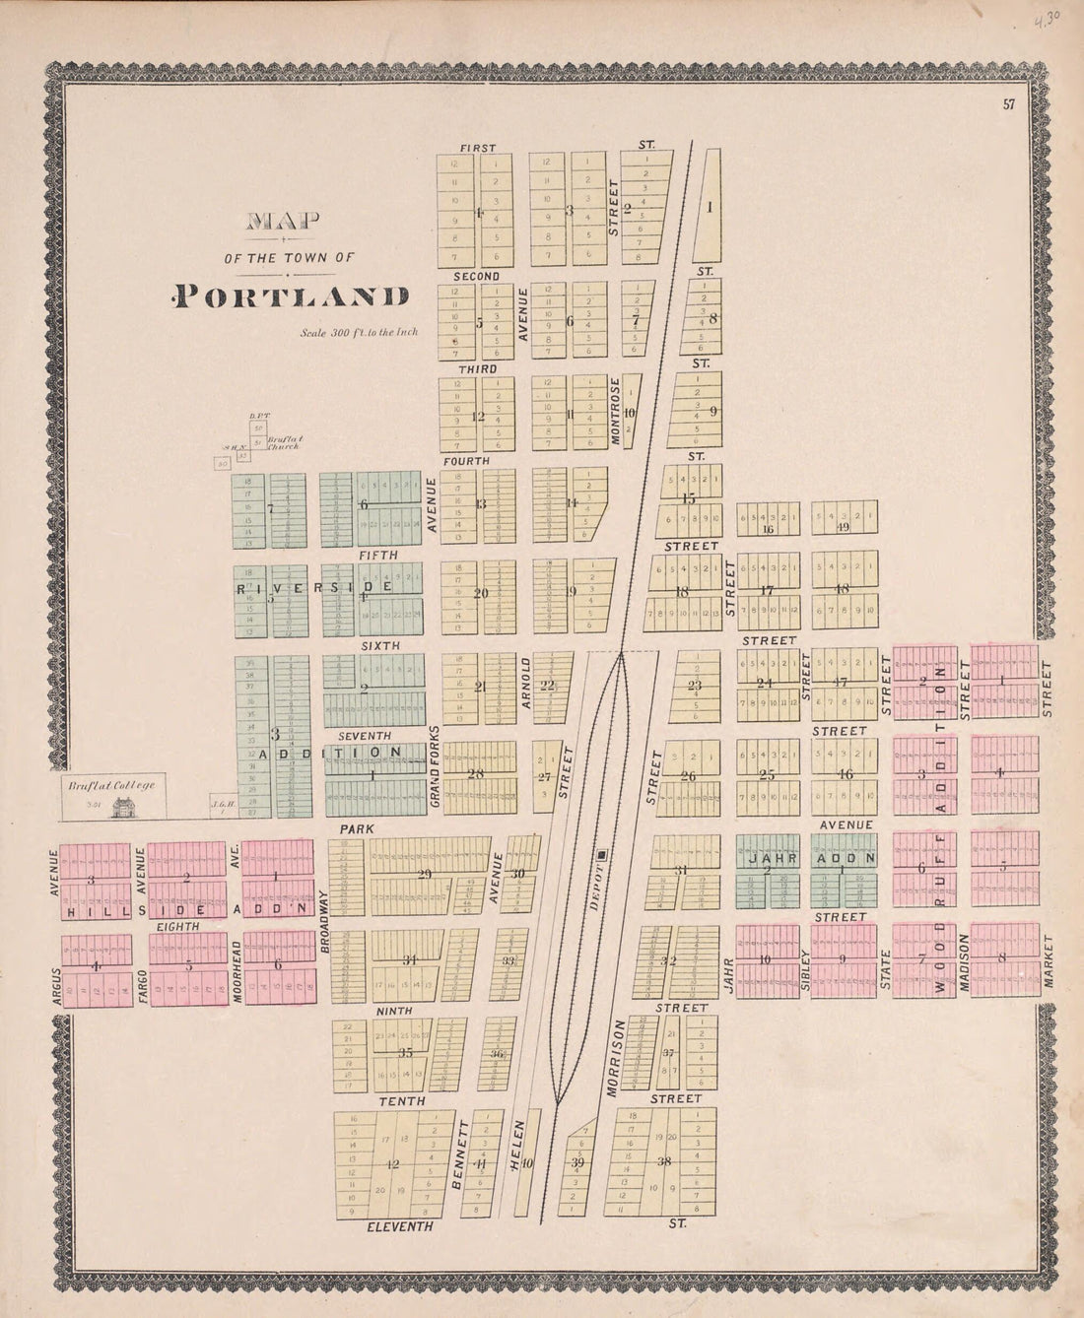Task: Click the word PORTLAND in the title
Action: point(291,296)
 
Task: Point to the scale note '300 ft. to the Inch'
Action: point(360,332)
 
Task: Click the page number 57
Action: point(1009,105)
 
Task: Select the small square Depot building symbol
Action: point(603,855)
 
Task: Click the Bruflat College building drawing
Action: point(124,808)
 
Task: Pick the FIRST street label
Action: point(478,148)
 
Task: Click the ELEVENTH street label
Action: point(399,1226)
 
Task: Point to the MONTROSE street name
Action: point(616,411)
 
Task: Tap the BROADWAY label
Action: point(323,918)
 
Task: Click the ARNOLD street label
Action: point(526,683)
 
